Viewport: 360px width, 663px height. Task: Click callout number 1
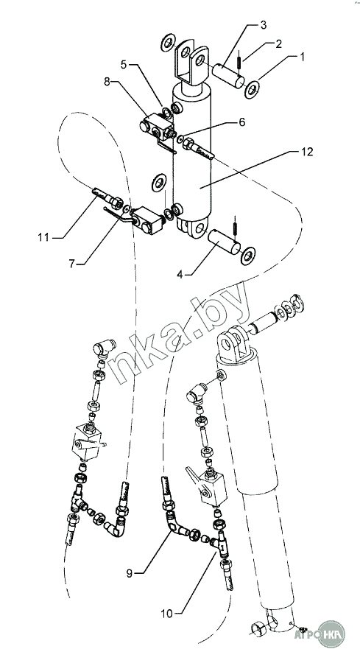(x=302, y=57)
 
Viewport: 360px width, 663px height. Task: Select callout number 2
(x=278, y=44)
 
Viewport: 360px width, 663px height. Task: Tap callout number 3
(x=264, y=24)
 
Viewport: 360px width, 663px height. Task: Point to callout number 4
(x=180, y=275)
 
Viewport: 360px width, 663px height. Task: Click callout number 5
(x=124, y=65)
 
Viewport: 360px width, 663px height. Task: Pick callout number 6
(x=241, y=122)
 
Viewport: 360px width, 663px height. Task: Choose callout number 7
(x=71, y=264)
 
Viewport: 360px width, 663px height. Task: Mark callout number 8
(x=107, y=82)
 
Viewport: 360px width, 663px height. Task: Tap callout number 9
(x=130, y=573)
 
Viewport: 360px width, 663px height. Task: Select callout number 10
(x=167, y=613)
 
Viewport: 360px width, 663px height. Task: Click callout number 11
(x=43, y=237)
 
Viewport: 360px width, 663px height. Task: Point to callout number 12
(x=307, y=152)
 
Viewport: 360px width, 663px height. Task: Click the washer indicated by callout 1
(x=253, y=90)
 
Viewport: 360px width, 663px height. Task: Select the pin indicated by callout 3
(x=228, y=76)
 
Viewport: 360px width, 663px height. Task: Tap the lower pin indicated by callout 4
(x=224, y=242)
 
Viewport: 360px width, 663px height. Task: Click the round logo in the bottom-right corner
(x=331, y=634)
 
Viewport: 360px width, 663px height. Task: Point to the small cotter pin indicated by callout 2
(x=239, y=59)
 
